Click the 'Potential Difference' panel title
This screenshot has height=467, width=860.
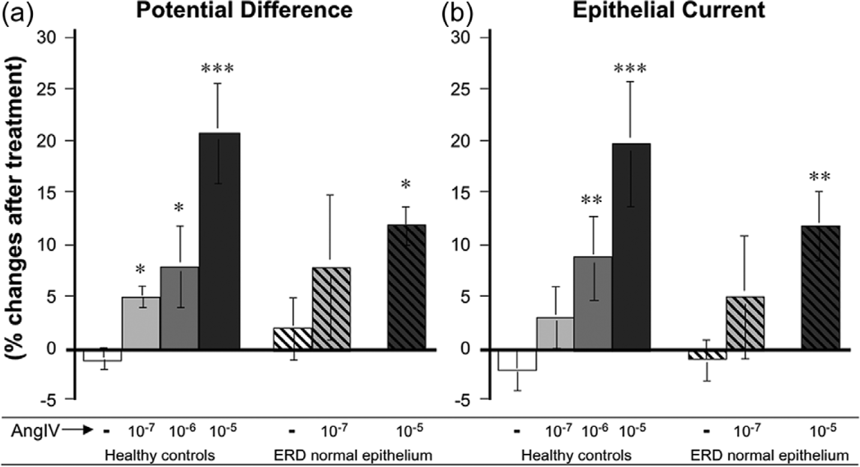[245, 10]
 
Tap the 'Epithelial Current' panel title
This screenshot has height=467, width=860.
[669, 10]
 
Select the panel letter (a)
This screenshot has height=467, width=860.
[18, 12]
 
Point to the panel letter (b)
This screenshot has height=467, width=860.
[457, 12]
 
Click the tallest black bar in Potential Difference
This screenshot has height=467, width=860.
[219, 241]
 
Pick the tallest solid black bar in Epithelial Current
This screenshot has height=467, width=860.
[631, 247]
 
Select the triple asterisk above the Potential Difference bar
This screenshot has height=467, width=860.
[217, 69]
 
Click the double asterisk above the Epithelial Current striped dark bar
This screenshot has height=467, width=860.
[819, 177]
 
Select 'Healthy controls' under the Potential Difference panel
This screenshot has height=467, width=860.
[160, 456]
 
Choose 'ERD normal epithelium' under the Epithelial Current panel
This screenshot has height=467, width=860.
[769, 456]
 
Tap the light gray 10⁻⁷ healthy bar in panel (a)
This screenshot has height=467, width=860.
[141, 323]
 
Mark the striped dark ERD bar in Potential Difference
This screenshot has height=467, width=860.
[406, 287]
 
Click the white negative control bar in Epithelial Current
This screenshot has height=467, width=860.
[517, 360]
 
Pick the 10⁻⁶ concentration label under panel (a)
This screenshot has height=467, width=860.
[183, 432]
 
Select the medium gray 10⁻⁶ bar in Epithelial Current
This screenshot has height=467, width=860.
[593, 303]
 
